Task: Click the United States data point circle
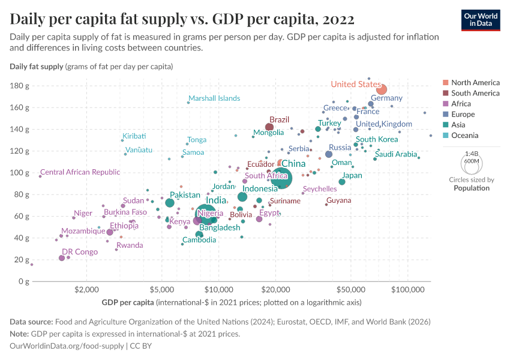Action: [x=381, y=90]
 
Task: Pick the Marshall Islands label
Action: [x=214, y=98]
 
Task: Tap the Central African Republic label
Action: [x=80, y=172]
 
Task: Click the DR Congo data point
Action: [x=62, y=258]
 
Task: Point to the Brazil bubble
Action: [x=270, y=127]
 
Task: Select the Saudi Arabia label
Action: [x=395, y=154]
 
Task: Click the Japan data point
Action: [x=342, y=182]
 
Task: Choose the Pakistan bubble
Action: [x=170, y=203]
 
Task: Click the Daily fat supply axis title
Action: [x=37, y=66]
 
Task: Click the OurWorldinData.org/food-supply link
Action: [x=68, y=346]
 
